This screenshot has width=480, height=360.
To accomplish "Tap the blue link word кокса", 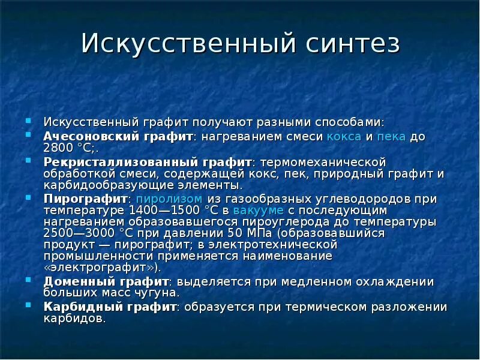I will pos(344,137).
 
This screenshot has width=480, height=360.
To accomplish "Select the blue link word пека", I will pos(392,137).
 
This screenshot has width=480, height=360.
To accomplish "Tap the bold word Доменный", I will pos(74,282).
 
